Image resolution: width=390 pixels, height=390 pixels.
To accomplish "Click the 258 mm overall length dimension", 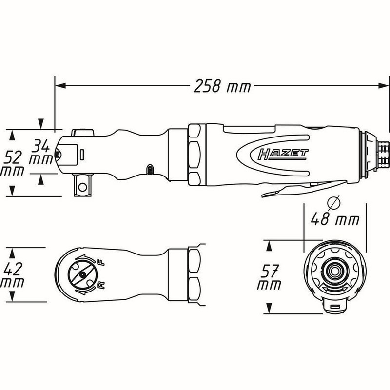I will point(221,87).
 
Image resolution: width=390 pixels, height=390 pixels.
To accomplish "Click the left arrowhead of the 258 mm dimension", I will point(60,87).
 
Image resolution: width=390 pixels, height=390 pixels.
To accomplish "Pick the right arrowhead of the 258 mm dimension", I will point(383,87).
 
